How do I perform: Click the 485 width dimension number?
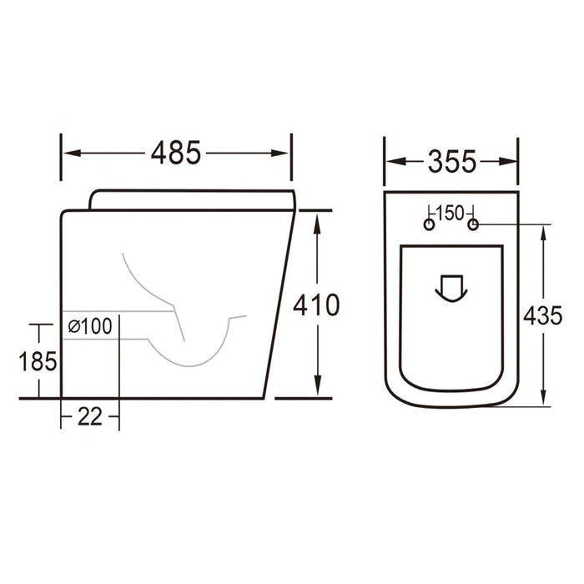point(176,153)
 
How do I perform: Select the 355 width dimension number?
point(451,160)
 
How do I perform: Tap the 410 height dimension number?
point(316,305)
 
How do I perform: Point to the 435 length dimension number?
point(543,315)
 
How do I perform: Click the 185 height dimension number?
point(38,361)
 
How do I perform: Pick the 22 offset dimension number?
point(89,416)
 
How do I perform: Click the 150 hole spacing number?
point(451,212)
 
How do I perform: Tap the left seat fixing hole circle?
point(429,225)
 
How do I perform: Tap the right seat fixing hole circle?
point(473,225)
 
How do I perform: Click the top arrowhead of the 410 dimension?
point(317,219)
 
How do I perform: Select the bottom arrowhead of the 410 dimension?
point(317,390)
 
